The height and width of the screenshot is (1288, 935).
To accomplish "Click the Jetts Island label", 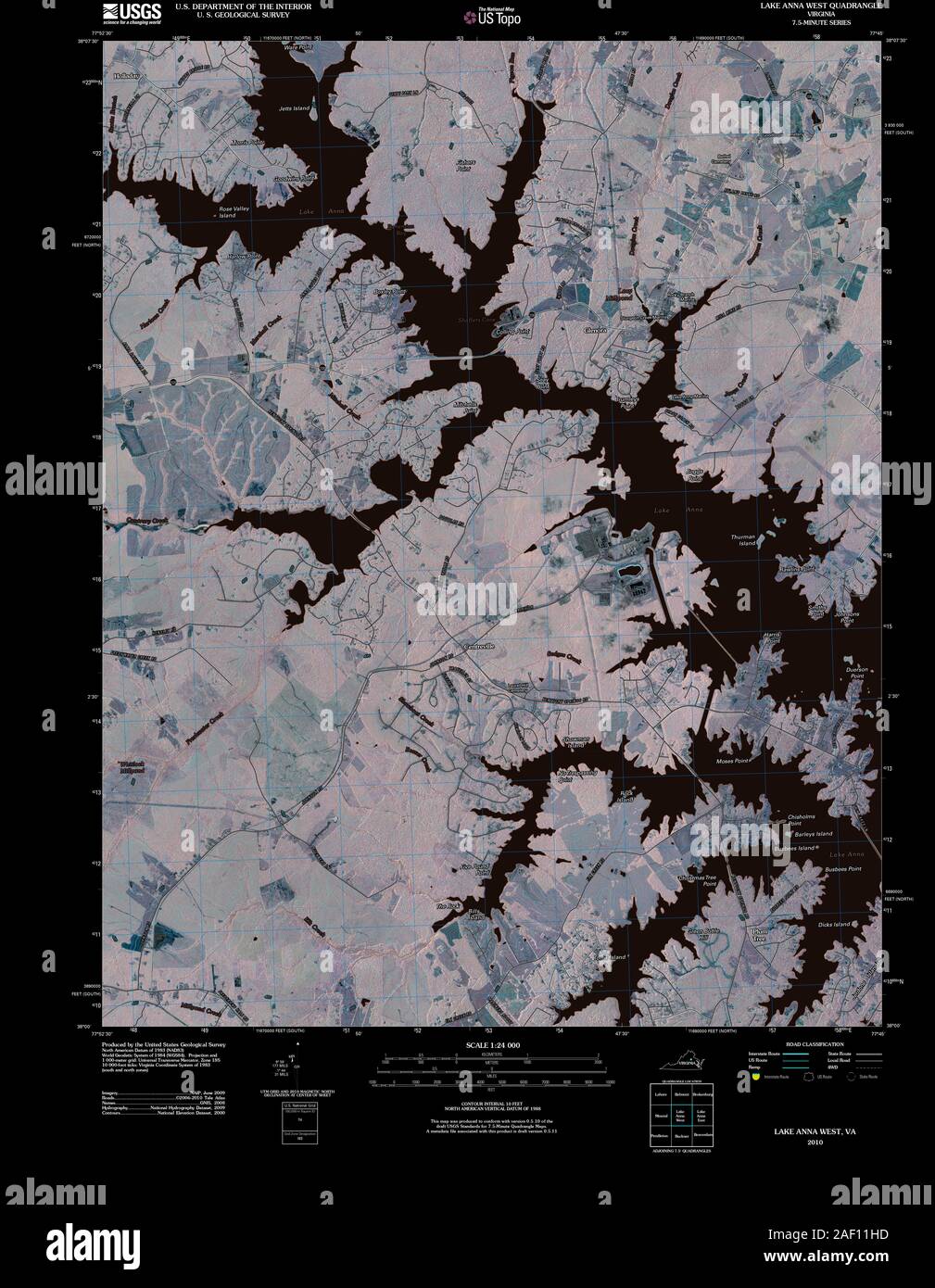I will [294, 108].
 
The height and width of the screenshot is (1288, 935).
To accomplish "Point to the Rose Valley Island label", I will [234, 212].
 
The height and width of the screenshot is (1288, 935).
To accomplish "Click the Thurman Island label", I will [744, 540].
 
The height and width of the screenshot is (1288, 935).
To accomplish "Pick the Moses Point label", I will [733, 760].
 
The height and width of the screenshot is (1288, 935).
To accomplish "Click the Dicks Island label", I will [835, 924].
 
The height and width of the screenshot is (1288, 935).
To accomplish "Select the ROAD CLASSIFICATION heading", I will [813, 1044].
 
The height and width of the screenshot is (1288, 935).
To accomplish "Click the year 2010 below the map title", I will [815, 1143].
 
